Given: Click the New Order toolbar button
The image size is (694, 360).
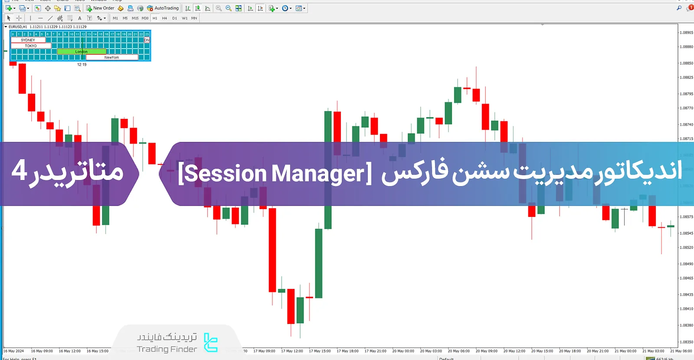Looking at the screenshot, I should [x=100, y=8].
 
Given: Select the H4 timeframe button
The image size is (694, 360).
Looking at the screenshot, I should [x=164, y=18].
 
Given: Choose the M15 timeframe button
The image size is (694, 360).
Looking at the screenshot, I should [x=135, y=18].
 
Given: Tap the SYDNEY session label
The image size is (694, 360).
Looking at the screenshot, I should [x=28, y=40].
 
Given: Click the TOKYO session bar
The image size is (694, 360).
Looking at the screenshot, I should [x=31, y=46].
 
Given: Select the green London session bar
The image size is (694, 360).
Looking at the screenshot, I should [x=82, y=52].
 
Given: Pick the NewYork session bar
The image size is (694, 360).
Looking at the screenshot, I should [x=112, y=57].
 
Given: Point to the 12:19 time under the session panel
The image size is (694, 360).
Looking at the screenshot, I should [x=82, y=65].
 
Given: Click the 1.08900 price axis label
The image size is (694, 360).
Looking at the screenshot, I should [x=686, y=33].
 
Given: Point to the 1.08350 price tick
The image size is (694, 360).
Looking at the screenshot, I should [x=686, y=342].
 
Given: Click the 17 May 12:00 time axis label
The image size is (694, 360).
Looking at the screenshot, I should [x=292, y=351].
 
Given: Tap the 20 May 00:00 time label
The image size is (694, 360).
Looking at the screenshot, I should [x=403, y=351].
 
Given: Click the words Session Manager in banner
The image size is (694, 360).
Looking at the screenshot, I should [x=275, y=173].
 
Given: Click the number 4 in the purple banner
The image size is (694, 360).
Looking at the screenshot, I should [x=19, y=170].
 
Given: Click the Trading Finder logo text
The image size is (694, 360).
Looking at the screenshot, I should [x=167, y=349].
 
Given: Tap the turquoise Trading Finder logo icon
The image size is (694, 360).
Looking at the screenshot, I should [x=211, y=343].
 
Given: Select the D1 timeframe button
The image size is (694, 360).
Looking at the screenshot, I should [x=174, y=18].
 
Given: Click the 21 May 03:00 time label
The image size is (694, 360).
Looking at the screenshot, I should [x=653, y=351].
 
